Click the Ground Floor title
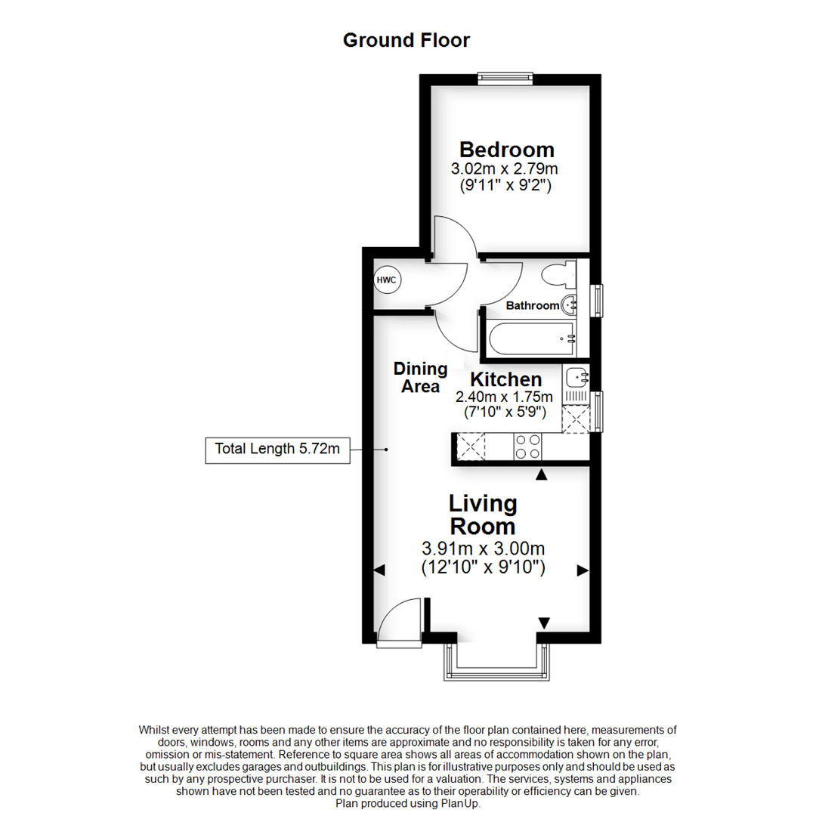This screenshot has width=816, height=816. [406, 40]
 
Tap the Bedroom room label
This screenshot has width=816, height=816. [507, 150]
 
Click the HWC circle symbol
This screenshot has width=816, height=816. [387, 280]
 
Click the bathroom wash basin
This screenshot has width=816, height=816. [570, 305]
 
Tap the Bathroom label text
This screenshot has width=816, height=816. [533, 306]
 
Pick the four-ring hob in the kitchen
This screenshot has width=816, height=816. [527, 447]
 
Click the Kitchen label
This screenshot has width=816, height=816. [505, 379]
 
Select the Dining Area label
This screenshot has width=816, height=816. [421, 378]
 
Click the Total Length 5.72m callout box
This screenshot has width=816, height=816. [277, 450]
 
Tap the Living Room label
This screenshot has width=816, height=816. [483, 515]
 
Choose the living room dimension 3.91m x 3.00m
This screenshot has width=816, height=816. [483, 549]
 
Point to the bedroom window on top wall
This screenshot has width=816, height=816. [505, 78]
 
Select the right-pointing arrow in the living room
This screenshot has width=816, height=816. [582, 570]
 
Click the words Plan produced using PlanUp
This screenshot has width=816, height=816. [408, 804]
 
